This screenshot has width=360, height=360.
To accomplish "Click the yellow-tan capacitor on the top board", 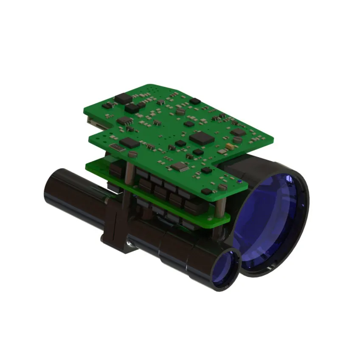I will [x=230, y=146].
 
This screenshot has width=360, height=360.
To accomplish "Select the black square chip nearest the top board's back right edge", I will [x=237, y=132].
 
